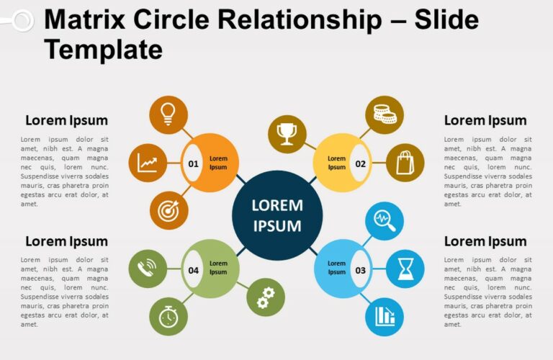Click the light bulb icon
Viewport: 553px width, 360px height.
click(x=168, y=114)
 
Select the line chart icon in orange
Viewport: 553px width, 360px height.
click(x=148, y=163)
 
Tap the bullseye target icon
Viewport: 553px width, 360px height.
click(x=168, y=211)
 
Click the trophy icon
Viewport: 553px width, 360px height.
click(x=287, y=133)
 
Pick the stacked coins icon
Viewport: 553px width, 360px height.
click(x=385, y=114)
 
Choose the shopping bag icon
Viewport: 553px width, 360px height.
click(x=405, y=162)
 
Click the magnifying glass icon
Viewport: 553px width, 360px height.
click(x=385, y=221)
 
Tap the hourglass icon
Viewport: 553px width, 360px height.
click(x=405, y=269)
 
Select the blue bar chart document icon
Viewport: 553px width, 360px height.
click(x=385, y=317)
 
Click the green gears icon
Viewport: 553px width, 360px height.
click(x=266, y=297)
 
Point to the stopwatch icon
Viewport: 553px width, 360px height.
click(x=168, y=317)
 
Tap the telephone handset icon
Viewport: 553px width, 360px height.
click(x=148, y=269)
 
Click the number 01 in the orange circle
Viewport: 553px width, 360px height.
click(x=193, y=163)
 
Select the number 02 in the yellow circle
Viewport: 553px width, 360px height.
click(x=360, y=163)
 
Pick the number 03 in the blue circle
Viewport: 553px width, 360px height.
click(x=360, y=270)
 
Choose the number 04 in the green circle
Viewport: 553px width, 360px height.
click(x=193, y=270)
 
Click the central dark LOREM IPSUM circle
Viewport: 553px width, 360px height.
click(x=277, y=215)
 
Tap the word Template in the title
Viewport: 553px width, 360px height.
click(x=103, y=50)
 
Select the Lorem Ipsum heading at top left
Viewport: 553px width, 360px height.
click(x=66, y=120)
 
